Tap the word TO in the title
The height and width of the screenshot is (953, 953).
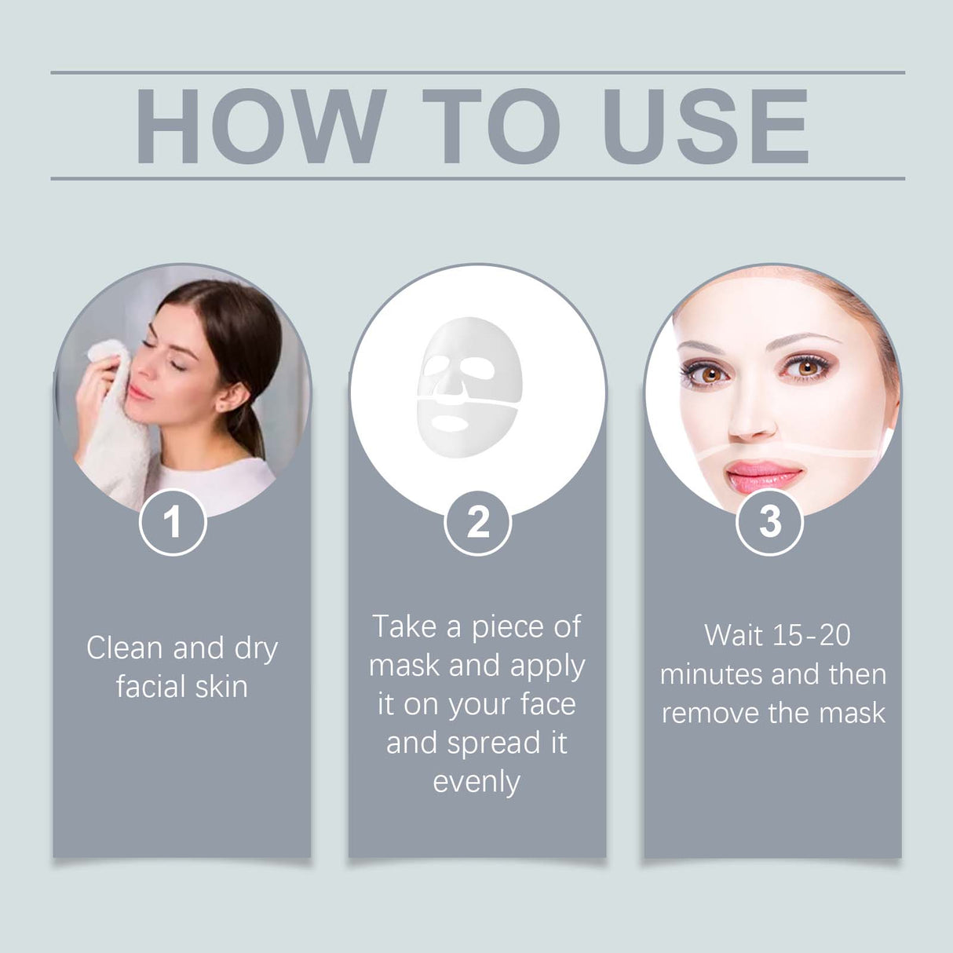491,126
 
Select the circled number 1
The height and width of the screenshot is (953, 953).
173,522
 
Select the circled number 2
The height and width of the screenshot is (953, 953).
477,522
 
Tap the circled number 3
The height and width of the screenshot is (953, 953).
769,522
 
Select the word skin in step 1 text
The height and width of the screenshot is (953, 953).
221,687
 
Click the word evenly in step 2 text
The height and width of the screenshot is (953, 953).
476,782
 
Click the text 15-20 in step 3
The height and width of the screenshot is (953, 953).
811,635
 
